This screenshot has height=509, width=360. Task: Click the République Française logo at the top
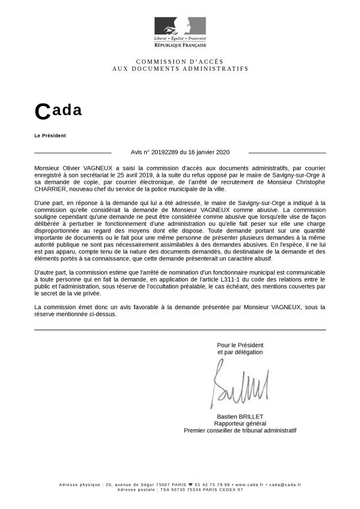180,32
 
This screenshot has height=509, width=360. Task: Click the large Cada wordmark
58,111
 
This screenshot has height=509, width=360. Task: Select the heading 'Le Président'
50,135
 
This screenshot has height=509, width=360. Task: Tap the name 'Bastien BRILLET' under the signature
240,416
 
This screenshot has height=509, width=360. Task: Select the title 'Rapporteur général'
240,423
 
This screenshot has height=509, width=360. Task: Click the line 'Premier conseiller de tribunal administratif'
240,430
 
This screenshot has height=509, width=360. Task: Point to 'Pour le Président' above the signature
240,344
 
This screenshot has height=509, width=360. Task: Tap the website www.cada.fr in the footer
249,485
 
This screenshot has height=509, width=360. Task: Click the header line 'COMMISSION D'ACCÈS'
180,61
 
